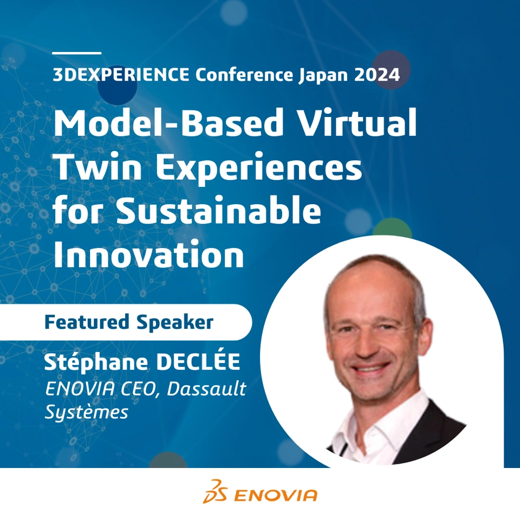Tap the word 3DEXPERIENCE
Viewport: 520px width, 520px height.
pyautogui.click(x=121, y=74)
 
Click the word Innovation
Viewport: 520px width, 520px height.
pyautogui.click(x=148, y=253)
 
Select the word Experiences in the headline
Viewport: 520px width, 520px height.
pyautogui.click(x=259, y=168)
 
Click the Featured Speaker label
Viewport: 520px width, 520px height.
pyautogui.click(x=129, y=322)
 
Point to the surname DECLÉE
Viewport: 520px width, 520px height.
pyautogui.click(x=198, y=361)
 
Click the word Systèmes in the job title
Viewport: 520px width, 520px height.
pyautogui.click(x=86, y=412)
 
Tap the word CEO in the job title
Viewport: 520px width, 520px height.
pyautogui.click(x=137, y=389)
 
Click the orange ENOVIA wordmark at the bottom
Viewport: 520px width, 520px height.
pyautogui.click(x=276, y=496)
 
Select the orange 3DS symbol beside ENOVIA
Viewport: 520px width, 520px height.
pyautogui.click(x=215, y=491)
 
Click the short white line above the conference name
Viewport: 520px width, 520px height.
pyautogui.click(x=77, y=53)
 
